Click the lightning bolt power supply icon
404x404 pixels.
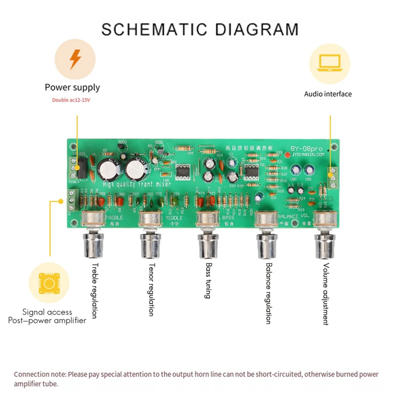click(x=75, y=59)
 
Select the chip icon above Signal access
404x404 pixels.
click(x=49, y=283)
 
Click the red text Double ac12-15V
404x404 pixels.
click(x=71, y=100)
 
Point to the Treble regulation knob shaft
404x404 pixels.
click(x=93, y=244)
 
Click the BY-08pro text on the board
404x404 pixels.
click(x=306, y=148)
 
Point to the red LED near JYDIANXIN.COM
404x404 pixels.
click(x=287, y=155)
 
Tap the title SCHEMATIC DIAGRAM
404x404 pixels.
click(x=200, y=30)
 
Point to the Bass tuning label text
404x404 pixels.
click(x=208, y=280)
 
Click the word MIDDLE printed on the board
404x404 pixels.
click(x=174, y=218)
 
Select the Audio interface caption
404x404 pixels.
click(x=328, y=94)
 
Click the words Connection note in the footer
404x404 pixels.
click(x=40, y=374)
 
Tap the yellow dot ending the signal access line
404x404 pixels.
click(x=61, y=201)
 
